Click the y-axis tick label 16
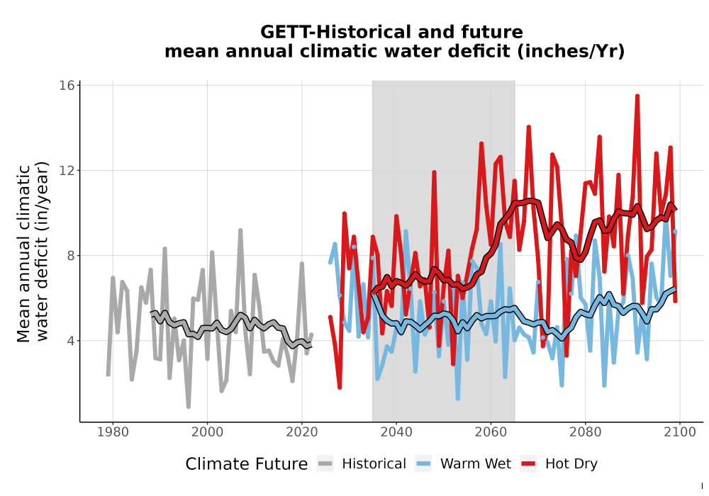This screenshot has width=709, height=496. pos(67,85)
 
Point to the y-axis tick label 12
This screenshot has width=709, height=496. pos(67,170)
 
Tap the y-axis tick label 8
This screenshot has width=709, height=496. pos(70,256)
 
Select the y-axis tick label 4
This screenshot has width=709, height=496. pos(70,341)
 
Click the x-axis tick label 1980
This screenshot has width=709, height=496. pos(113,432)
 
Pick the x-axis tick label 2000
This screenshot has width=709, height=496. pos(207,432)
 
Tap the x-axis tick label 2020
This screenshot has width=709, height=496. pos(301,432)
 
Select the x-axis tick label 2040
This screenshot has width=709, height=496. pos(396,432)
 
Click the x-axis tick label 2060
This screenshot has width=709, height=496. pos(491,432)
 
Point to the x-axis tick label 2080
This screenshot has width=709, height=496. pos(585,432)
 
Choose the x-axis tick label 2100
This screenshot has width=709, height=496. pos(680,432)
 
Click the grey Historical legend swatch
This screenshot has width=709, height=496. pos(325,464)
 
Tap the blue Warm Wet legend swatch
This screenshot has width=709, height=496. pos(424,464)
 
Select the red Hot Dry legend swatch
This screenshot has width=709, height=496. pos(528,464)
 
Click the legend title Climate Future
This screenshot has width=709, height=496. pos(247,464)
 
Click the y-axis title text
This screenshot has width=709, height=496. pos(32,251)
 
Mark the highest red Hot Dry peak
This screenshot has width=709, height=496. pos(637,96)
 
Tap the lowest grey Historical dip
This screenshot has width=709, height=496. pos(189,407)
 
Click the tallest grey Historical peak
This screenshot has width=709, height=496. pos(240,230)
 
